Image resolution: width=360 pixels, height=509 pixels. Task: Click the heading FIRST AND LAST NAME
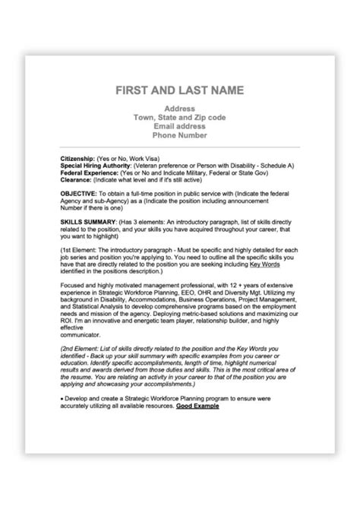pos(179,90)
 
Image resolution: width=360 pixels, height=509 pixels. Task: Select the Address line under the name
pos(179,109)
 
